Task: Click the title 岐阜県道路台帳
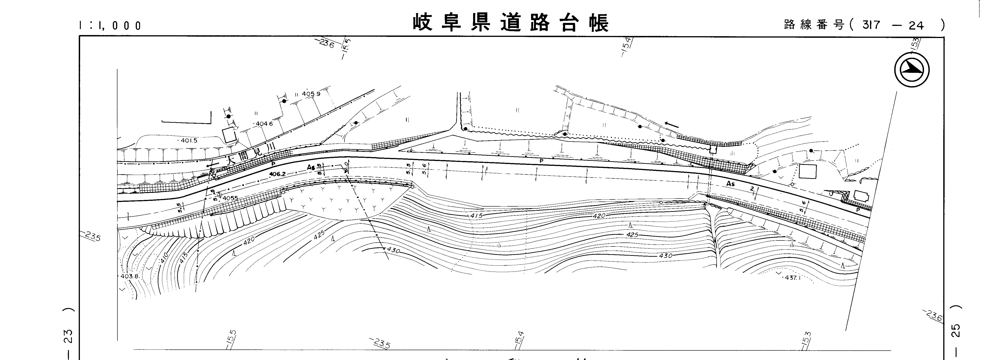click(510, 23)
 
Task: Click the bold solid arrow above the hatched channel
click(672, 125)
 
